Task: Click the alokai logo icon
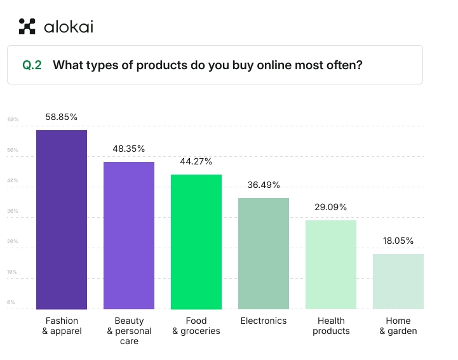(x=27, y=26)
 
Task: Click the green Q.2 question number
(x=32, y=65)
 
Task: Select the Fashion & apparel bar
(x=62, y=219)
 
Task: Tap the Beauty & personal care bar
(x=129, y=235)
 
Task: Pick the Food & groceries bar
(x=196, y=241)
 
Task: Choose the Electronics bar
(x=264, y=253)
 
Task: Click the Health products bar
(x=331, y=264)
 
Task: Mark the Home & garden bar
(x=398, y=281)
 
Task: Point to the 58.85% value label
(x=62, y=117)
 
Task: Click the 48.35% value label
(x=129, y=149)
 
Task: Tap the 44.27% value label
(x=196, y=161)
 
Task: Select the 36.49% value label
(x=264, y=185)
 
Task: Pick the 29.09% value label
(x=331, y=207)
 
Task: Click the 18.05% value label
(x=398, y=241)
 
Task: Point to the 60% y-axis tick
(x=13, y=119)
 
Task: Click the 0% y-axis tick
(x=11, y=302)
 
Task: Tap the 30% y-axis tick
(x=13, y=211)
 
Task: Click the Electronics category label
(x=264, y=321)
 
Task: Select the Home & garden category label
(x=398, y=326)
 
